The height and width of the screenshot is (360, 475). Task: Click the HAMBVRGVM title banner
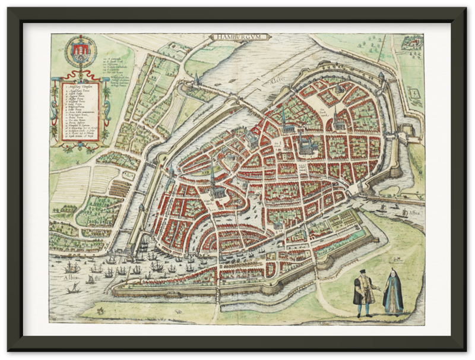(240, 37)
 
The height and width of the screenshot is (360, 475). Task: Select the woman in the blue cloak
(392, 294)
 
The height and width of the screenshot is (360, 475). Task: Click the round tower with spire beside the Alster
(195, 80)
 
